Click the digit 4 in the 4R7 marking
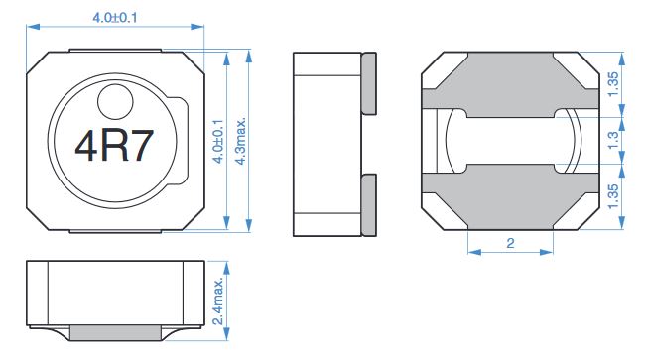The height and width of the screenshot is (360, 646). point(85,146)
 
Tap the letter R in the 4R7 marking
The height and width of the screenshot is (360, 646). point(115,146)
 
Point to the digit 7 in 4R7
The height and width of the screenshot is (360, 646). point(142,146)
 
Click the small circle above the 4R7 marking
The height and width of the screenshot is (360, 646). point(115,102)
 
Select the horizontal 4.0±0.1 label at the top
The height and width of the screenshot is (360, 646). point(115,17)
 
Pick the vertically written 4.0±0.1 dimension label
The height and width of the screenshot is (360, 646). point(218,141)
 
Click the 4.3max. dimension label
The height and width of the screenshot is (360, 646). point(240,141)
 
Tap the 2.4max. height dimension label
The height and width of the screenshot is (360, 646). point(218,300)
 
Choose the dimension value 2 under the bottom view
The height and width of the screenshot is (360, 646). point(510,243)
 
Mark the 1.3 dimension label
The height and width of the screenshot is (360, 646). point(613,140)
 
